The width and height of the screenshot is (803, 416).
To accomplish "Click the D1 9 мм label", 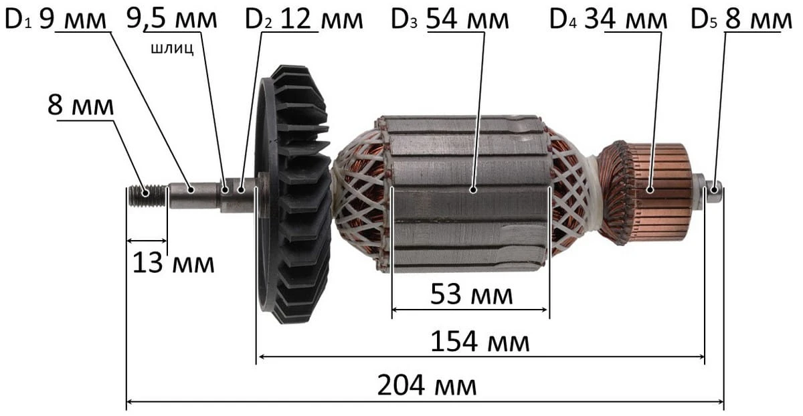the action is pyautogui.click(x=56, y=19).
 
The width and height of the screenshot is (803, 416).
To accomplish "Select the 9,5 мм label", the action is pyautogui.click(x=172, y=19).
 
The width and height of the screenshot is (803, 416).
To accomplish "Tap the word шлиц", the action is pyautogui.click(x=173, y=48).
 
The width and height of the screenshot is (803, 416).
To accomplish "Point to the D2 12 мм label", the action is pyautogui.click(x=304, y=19).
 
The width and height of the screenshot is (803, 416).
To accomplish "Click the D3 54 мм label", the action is pyautogui.click(x=450, y=19).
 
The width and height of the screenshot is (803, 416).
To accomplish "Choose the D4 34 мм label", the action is pyautogui.click(x=608, y=19).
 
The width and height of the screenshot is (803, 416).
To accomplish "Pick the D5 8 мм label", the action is pyautogui.click(x=741, y=19).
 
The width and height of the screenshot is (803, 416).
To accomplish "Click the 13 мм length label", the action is pyautogui.click(x=173, y=263).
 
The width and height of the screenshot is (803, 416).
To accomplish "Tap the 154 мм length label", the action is pyautogui.click(x=480, y=342).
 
